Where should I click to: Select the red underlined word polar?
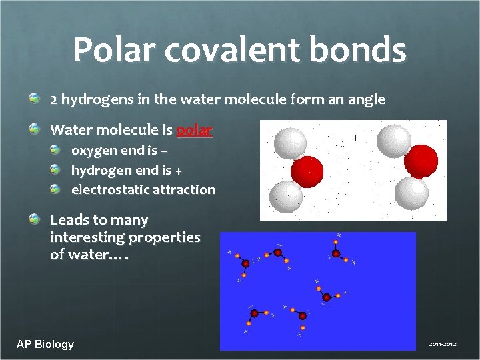click(195, 129)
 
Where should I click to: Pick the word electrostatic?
click(110, 189)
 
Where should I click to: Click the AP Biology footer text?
click(45, 344)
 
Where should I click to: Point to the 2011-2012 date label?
click(443, 344)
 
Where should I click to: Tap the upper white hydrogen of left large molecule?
click(290, 143)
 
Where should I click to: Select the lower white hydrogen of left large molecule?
click(286, 196)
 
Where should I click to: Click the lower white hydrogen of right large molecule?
click(411, 193)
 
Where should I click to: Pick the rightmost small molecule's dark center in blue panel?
click(336, 253)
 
